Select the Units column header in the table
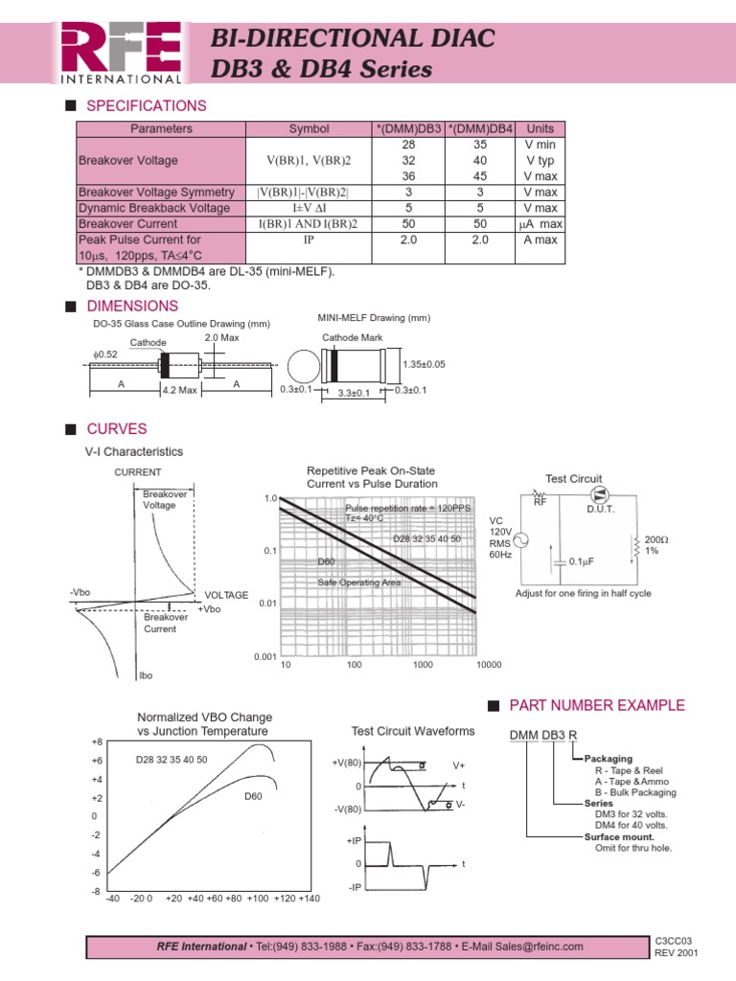pos(540,128)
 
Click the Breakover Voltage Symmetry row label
pos(156,193)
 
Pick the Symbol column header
pos(309,128)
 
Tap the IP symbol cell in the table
pos(309,240)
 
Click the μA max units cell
pos(540,223)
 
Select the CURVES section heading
pos(117,429)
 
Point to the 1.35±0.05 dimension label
pos(425,364)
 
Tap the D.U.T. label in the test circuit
pos(601,509)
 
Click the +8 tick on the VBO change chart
pos(96,741)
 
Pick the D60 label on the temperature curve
pos(253,796)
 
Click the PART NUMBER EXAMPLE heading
pos(596,705)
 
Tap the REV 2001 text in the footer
pos(676,954)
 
